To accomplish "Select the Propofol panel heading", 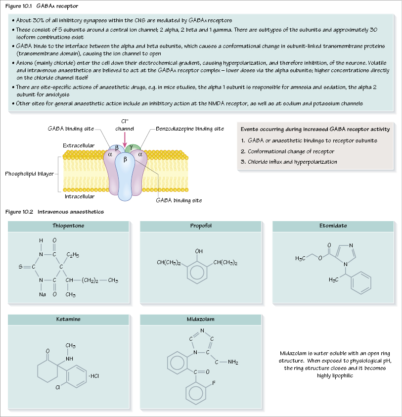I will point(201,226).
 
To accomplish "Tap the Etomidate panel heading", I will point(333,226).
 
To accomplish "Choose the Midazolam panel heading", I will point(201,320).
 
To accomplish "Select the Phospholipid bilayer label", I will point(29,174).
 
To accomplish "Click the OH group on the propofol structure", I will point(198,251).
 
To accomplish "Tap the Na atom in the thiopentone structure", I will point(43,295).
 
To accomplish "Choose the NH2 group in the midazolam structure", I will point(233,363).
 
